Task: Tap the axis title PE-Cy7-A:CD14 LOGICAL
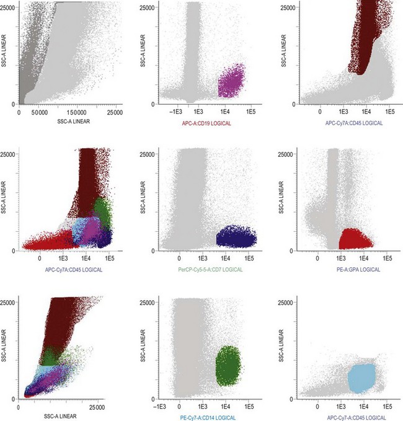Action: (200, 417)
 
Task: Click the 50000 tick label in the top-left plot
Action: (42, 113)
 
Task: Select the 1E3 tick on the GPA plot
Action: (340, 259)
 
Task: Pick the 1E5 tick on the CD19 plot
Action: (250, 113)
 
